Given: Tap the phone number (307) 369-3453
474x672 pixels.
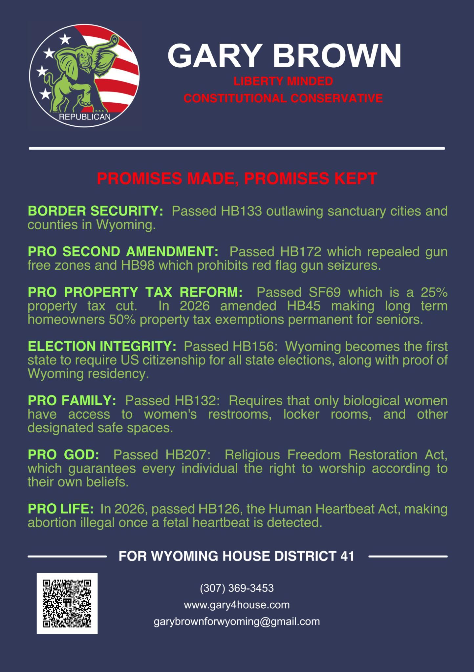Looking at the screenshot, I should pyautogui.click(x=237, y=588).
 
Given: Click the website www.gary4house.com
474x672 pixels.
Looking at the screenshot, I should pyautogui.click(x=237, y=604).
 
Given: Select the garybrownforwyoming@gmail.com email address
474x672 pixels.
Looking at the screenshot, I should pyautogui.click(x=237, y=621).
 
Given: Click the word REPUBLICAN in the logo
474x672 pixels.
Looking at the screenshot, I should pyautogui.click(x=85, y=117).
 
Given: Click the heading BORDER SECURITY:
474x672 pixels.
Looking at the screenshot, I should pyautogui.click(x=95, y=211).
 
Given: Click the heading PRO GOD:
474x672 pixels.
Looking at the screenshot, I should pyautogui.click(x=63, y=455).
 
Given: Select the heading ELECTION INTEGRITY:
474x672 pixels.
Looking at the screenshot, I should pyautogui.click(x=102, y=346).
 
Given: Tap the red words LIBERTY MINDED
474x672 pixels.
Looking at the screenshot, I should pyautogui.click(x=283, y=81).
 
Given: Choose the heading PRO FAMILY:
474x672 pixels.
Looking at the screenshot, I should pyautogui.click(x=72, y=400).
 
